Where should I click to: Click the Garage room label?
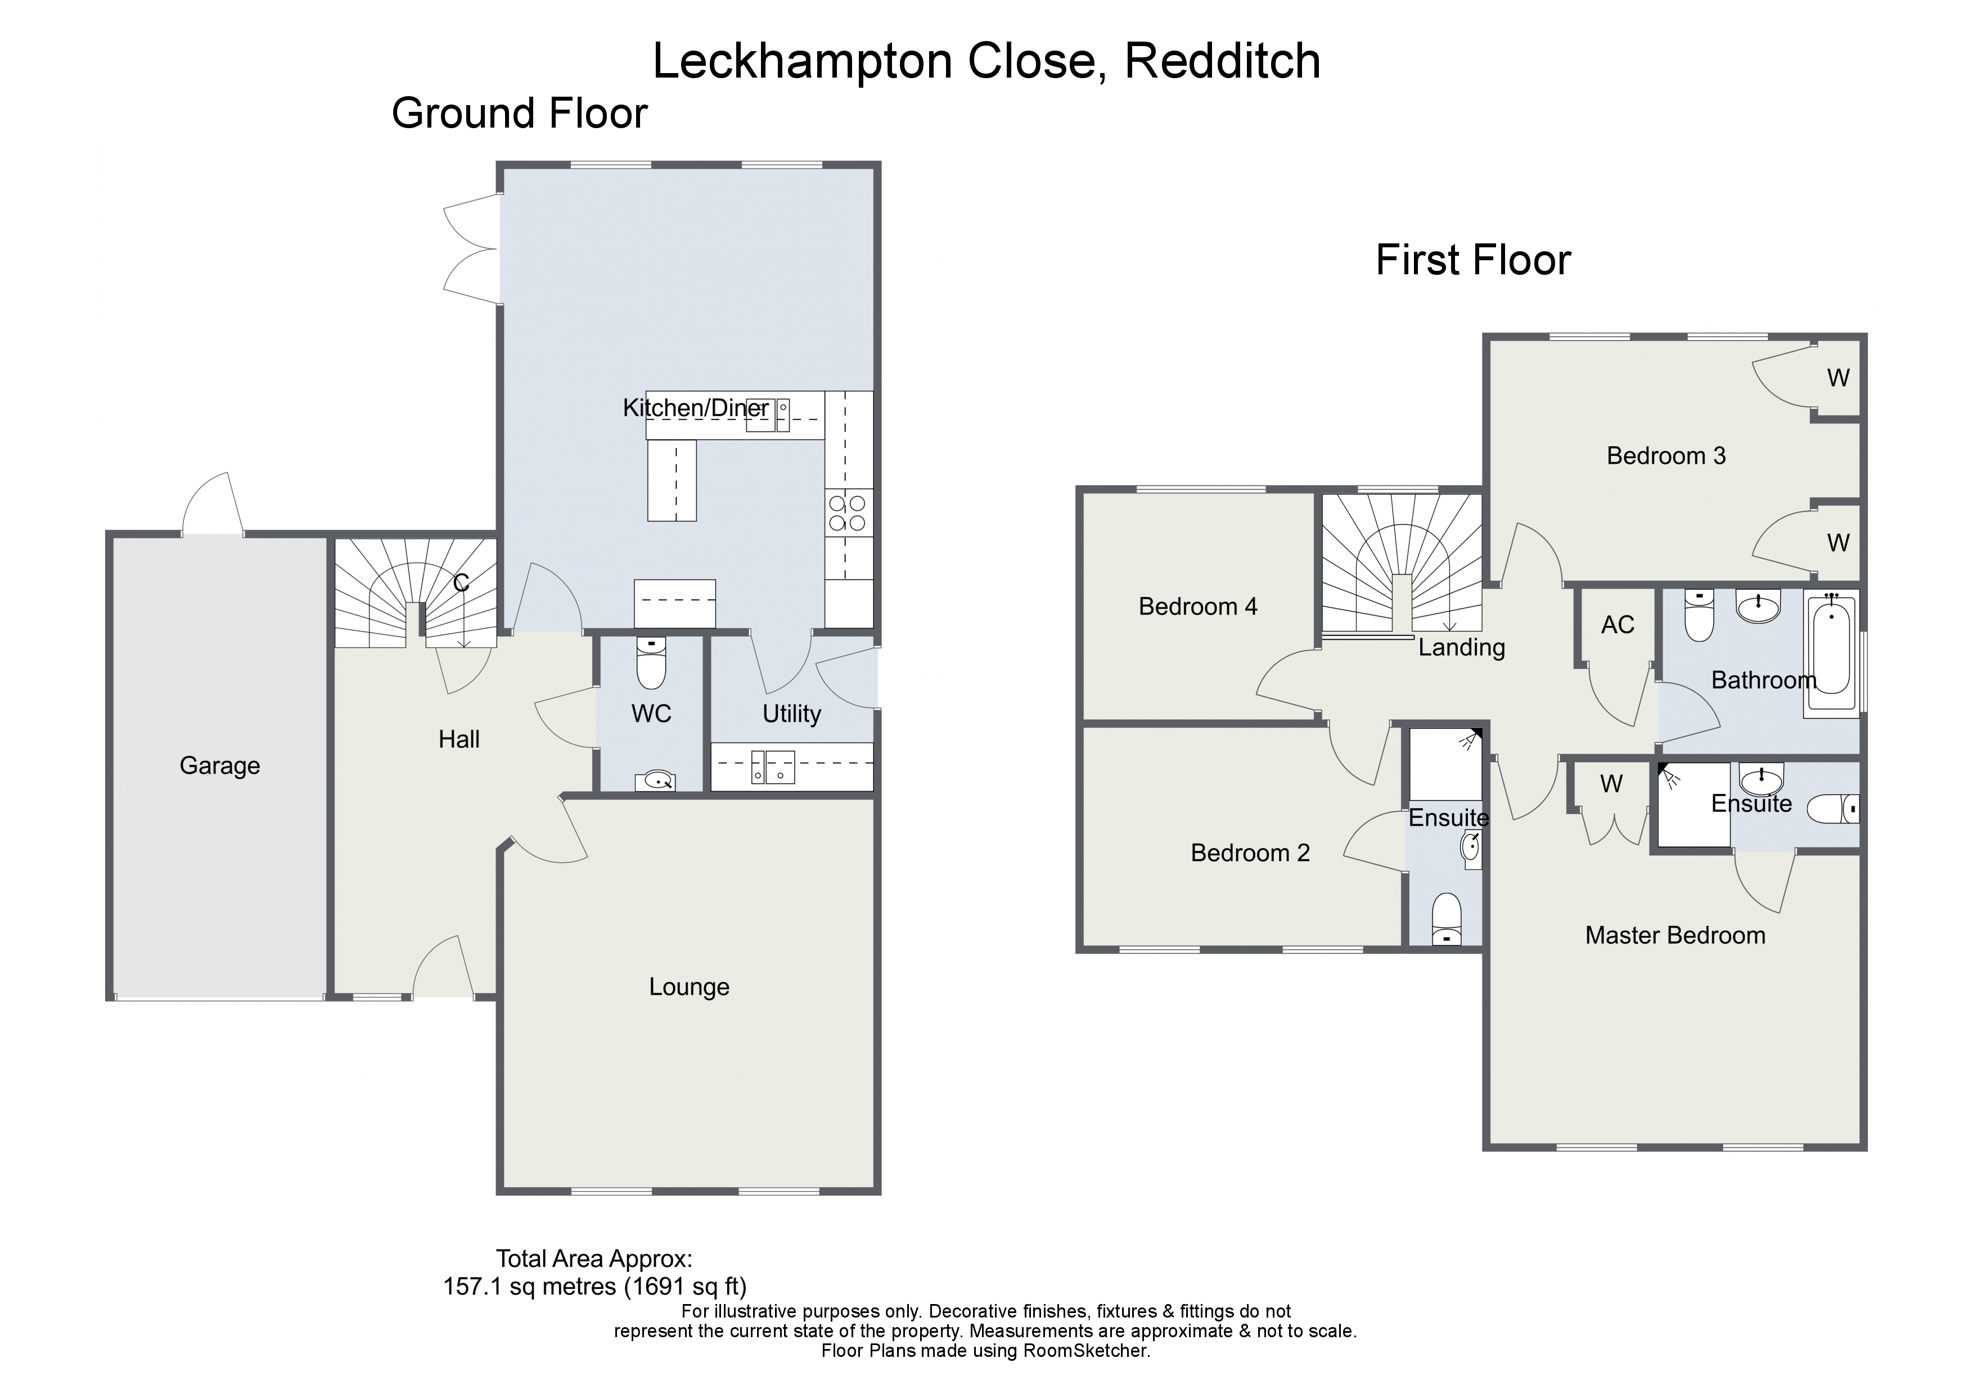(219, 766)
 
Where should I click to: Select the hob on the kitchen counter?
(849, 513)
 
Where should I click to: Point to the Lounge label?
(689, 987)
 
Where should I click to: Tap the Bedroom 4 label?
(1198, 607)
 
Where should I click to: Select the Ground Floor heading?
(519, 114)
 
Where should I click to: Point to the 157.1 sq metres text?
(529, 1287)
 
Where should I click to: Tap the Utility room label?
(791, 714)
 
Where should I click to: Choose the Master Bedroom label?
(1675, 935)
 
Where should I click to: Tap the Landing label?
(1462, 648)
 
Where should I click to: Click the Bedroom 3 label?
(1666, 455)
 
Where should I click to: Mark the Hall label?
(459, 740)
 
